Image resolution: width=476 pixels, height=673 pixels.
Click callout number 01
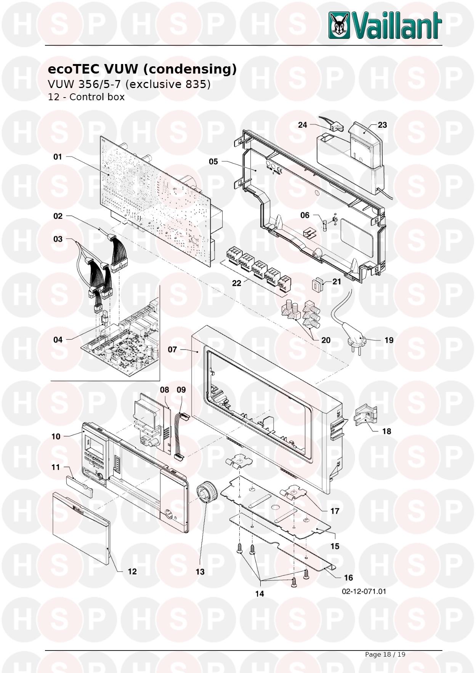pyautogui.click(x=58, y=157)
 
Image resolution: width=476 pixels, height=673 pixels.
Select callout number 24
pyautogui.click(x=303, y=125)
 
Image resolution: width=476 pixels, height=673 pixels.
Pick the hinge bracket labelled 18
pyautogui.click(x=365, y=417)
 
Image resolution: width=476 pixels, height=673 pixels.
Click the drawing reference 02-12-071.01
pyautogui.click(x=364, y=591)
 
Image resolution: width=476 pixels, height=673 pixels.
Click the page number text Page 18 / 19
pyautogui.click(x=385, y=654)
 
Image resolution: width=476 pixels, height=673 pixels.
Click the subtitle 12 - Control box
pyautogui.click(x=86, y=97)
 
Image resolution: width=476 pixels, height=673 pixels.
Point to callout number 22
pyautogui.click(x=237, y=283)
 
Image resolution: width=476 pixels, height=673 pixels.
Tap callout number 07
pyautogui.click(x=172, y=349)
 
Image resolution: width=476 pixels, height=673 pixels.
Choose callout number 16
pyautogui.click(x=348, y=578)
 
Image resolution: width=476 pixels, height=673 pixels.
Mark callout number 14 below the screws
pyautogui.click(x=260, y=593)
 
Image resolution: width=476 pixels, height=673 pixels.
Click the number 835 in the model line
pyautogui.click(x=196, y=84)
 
